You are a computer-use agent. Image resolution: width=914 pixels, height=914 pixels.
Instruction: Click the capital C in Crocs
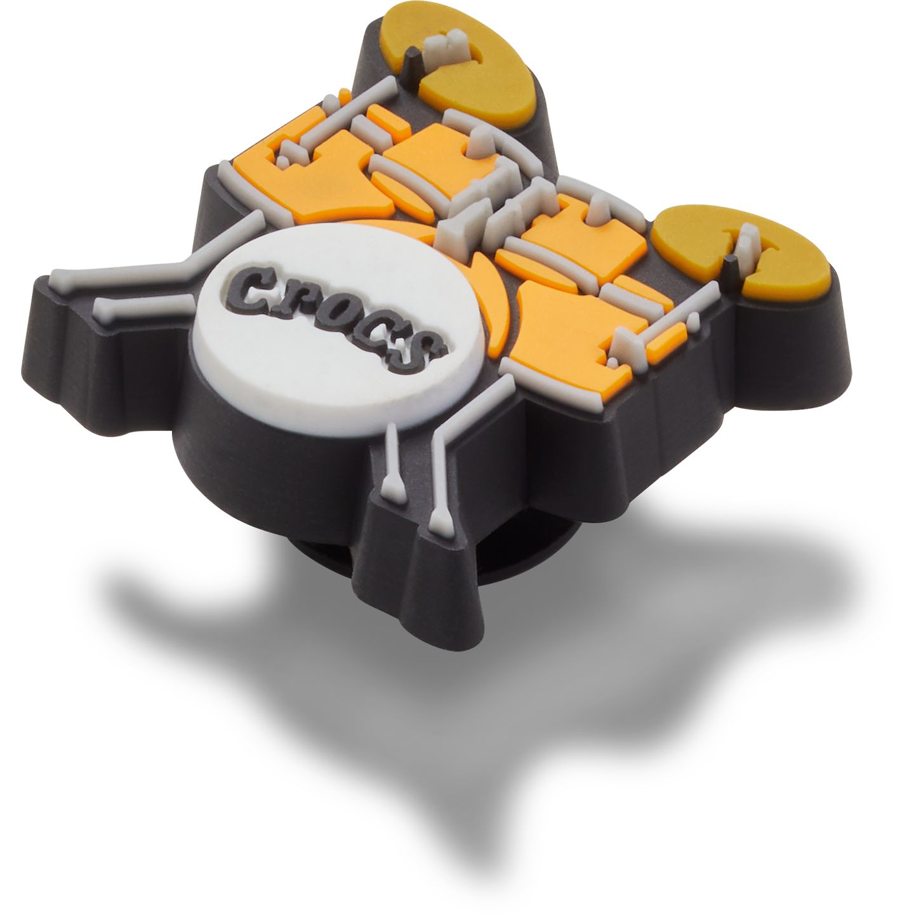[251, 286]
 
